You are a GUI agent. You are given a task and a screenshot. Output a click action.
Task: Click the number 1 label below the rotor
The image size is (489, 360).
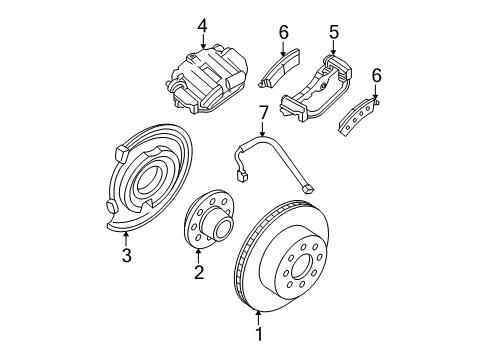coord(259,334)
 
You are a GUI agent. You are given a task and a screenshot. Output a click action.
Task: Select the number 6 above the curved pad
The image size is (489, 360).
coord(375,74)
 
